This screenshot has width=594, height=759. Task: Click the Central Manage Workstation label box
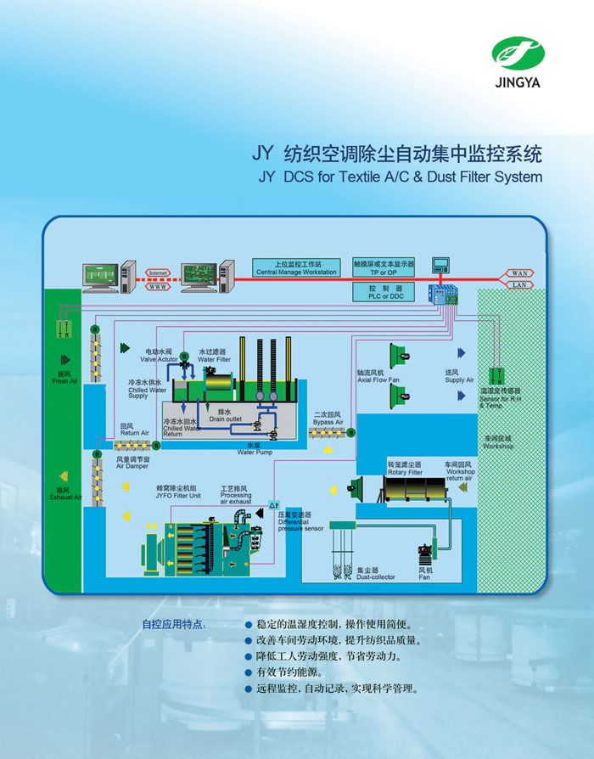point(296,267)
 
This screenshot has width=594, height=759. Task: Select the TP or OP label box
point(384,267)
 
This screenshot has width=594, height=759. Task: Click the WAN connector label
point(519,273)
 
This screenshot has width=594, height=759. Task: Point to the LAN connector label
point(519,285)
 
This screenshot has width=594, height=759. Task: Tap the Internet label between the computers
point(159,272)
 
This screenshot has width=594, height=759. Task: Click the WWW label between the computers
point(159,286)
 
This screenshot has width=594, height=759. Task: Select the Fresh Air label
point(64,378)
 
